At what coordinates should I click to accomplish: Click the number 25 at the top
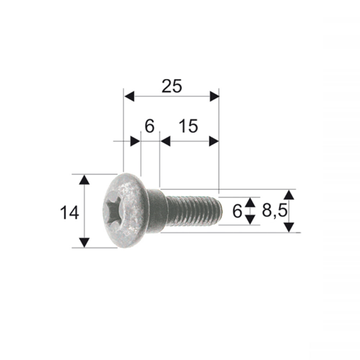[x=172, y=86]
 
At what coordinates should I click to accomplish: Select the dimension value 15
[x=188, y=126]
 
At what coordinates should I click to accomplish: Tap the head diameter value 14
[x=69, y=212]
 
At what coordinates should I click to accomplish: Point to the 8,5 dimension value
[x=274, y=211]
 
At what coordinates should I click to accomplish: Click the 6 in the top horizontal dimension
[x=149, y=126]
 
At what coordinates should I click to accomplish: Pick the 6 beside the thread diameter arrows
[x=237, y=211]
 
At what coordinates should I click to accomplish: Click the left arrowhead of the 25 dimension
[x=130, y=96]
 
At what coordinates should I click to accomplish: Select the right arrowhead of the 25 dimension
[x=213, y=96]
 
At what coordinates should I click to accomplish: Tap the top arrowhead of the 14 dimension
[x=84, y=180]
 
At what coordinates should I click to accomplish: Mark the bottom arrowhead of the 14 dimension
[x=84, y=242]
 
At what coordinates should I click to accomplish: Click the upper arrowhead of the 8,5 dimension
[x=289, y=195]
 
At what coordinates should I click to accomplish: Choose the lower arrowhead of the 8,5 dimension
[x=289, y=227]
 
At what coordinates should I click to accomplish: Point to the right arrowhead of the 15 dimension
[x=213, y=141]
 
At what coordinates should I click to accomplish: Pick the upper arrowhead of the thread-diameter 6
[x=250, y=202]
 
